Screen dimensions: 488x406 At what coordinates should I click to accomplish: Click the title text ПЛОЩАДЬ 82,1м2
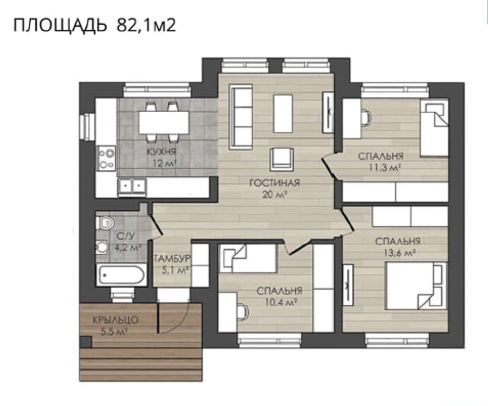point(95,25)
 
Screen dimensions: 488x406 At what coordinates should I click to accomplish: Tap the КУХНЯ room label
point(161,152)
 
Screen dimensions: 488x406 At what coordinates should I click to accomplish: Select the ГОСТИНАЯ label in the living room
point(274,183)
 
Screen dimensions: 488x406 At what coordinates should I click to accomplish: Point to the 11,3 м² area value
point(385,168)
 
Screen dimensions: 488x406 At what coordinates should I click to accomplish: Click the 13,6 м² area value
point(401,253)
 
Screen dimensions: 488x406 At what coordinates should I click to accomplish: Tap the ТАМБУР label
point(172,259)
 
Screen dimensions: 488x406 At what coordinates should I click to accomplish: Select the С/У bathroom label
point(126,237)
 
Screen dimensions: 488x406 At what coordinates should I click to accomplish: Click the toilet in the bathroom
point(105,223)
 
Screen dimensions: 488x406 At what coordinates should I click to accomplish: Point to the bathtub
point(122,275)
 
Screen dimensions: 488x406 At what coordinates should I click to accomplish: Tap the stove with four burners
point(106,159)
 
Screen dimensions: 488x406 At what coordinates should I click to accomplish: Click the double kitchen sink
point(132,187)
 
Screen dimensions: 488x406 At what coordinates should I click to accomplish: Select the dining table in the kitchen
point(163,122)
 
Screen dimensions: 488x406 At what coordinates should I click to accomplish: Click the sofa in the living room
point(241,116)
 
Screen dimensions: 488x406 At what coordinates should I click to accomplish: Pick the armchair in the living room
point(282,159)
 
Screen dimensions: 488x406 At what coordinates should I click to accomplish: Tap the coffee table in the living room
point(283,114)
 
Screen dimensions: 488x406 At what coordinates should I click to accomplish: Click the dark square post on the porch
point(86,342)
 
